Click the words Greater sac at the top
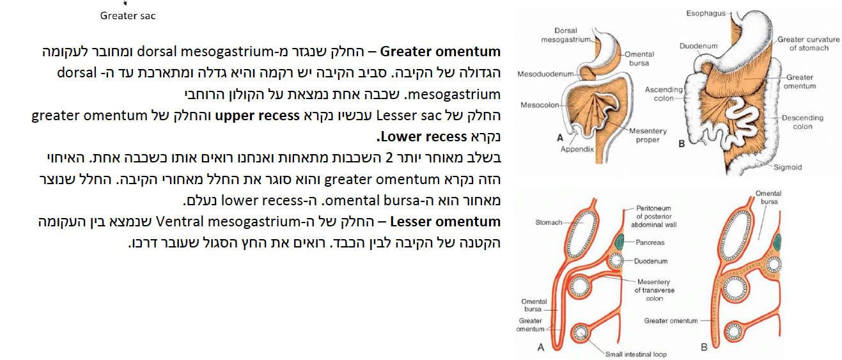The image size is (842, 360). point(128,15)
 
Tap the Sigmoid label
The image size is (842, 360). point(787,168)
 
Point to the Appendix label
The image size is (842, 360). point(577,149)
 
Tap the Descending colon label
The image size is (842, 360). point(802,122)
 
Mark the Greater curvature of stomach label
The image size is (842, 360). point(808,43)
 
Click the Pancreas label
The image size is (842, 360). point(650,243)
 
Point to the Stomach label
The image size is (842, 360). point(549,223)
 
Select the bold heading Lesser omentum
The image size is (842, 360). point(445,222)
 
